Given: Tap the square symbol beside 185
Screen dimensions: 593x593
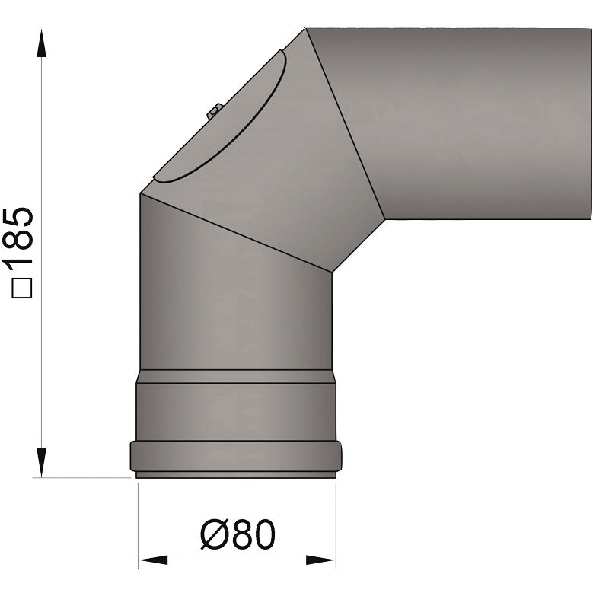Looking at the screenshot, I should [22, 289].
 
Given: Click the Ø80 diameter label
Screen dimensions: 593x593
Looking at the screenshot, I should [237, 536].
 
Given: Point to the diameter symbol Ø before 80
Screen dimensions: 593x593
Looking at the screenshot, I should [212, 536].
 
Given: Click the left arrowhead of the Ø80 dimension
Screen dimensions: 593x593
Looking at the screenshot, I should [153, 561].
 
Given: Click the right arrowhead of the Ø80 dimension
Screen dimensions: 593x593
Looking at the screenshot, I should [320, 561].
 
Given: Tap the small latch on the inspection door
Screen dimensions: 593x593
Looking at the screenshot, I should [214, 111].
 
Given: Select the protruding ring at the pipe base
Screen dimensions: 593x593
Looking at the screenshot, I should [236, 456].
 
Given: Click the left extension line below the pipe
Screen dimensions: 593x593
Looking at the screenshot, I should [138, 525].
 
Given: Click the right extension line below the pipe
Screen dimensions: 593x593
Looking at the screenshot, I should [336, 525].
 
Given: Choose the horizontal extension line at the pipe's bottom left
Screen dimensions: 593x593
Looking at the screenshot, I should [84, 478].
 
